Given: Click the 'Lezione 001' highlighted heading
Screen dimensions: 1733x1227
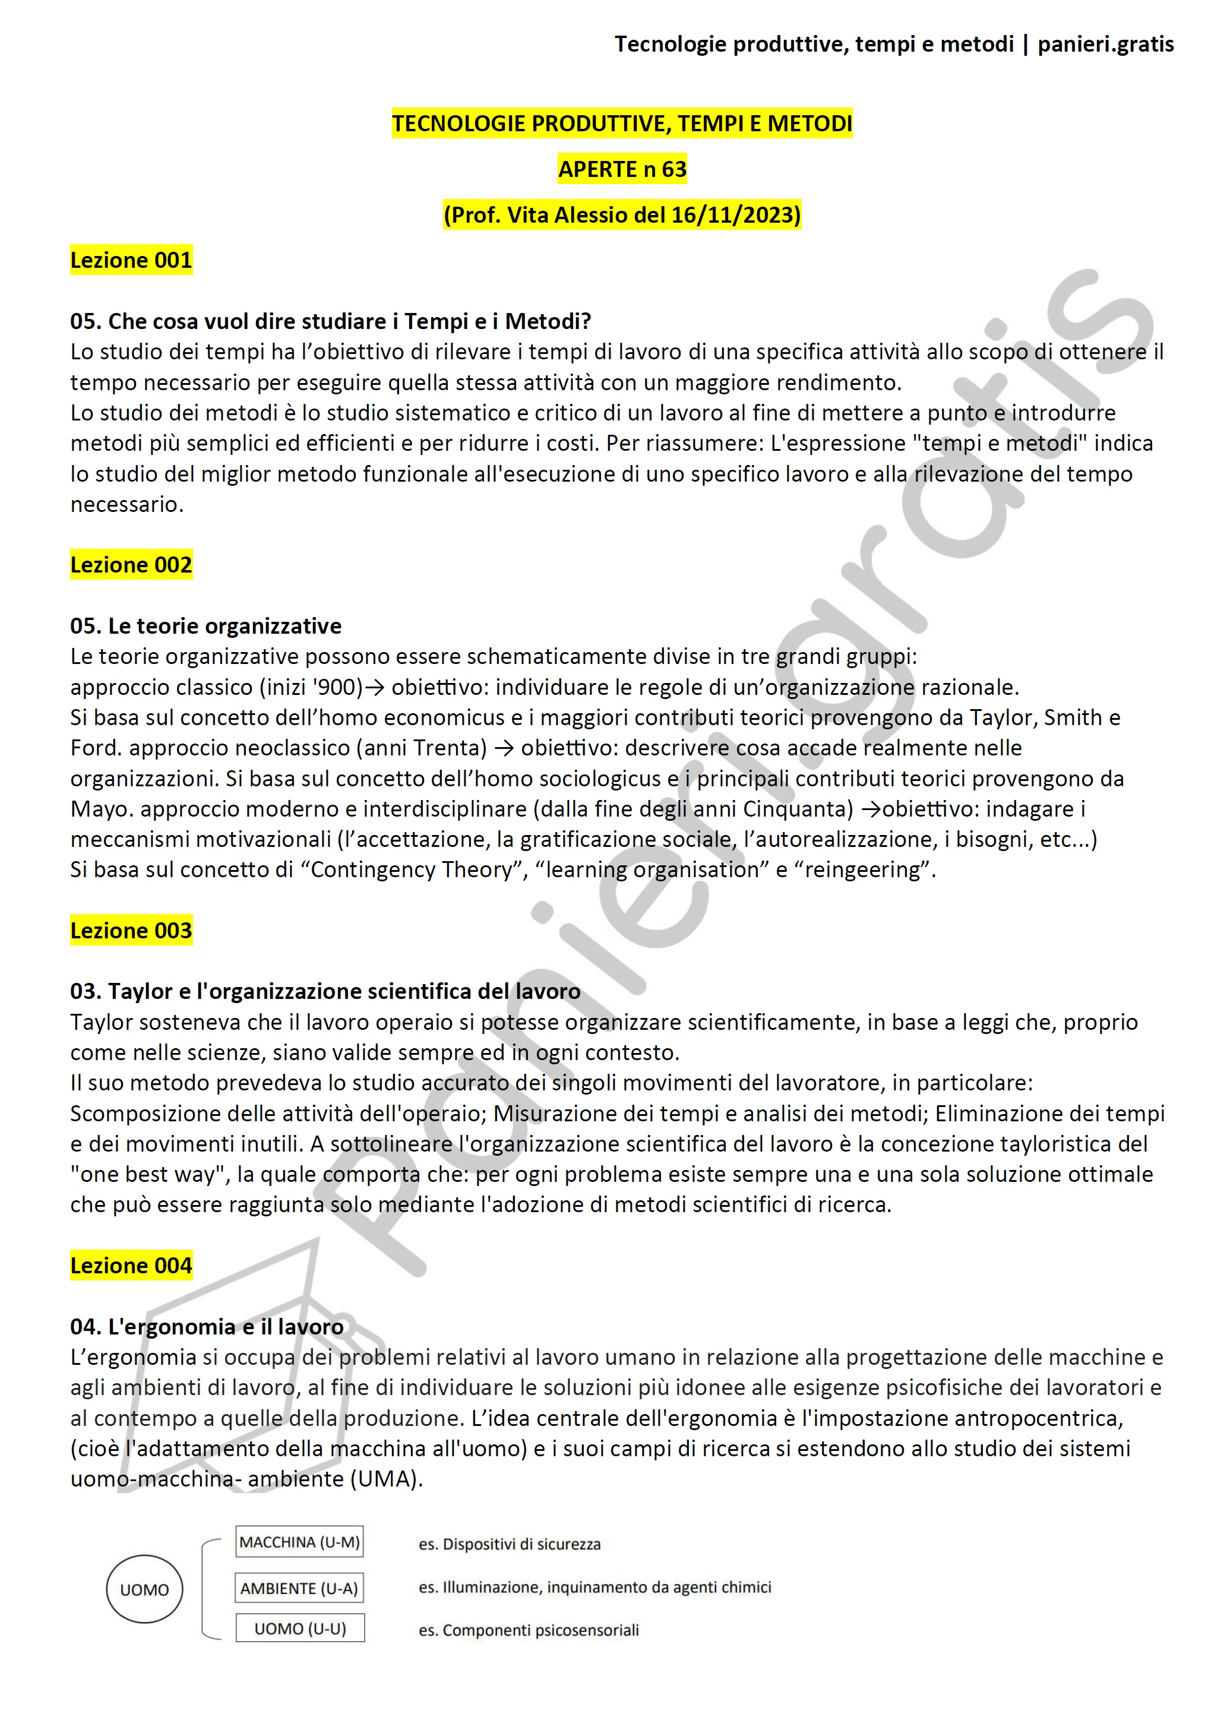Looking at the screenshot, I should [131, 260].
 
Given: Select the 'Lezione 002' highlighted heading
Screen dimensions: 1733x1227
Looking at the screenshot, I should [131, 564].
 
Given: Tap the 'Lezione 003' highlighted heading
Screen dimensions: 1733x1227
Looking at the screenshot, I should [131, 930].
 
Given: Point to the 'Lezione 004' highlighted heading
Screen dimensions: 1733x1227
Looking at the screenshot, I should [131, 1266].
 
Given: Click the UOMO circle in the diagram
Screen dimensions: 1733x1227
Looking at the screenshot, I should [144, 1589].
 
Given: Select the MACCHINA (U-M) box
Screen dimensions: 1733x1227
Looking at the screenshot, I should [299, 1542].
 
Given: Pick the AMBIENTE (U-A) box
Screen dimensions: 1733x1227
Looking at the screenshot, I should [299, 1589].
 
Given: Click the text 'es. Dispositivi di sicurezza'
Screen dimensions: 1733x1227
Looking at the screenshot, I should [509, 1544].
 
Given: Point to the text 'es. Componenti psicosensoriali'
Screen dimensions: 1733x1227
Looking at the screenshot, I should [528, 1630].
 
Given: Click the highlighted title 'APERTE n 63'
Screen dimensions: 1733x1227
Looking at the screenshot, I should [622, 169].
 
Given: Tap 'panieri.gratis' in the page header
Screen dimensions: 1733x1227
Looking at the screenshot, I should [1105, 45].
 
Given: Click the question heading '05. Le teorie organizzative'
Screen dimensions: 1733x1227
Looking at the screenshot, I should [205, 625].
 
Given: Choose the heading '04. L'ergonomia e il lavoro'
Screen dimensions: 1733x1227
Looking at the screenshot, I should [206, 1327].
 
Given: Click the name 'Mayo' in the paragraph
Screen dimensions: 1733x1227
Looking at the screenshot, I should [101, 809].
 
